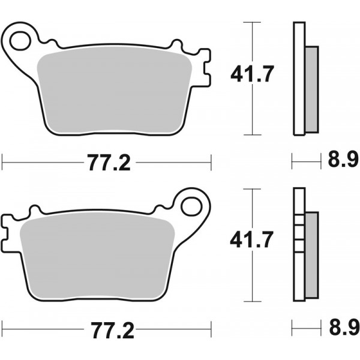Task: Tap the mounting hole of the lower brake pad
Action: point(193,205)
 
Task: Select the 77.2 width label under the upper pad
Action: point(107,161)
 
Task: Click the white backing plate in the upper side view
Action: point(299,78)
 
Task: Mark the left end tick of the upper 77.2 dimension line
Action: point(3,160)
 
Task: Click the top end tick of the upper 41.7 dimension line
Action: point(253,23)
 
